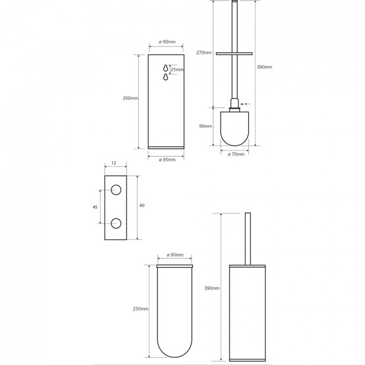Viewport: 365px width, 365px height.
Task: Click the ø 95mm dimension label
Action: click(167, 159)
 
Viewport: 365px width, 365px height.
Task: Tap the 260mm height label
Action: click(130, 98)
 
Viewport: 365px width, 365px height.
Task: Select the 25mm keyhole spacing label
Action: click(177, 70)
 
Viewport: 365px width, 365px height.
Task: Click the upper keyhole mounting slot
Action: click(166, 68)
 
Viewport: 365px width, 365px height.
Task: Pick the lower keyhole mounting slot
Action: click(166, 77)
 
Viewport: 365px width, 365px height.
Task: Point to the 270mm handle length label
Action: click(204, 53)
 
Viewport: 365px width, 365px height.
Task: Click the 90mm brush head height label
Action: click(206, 126)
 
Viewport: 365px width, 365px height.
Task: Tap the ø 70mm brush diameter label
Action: click(236, 154)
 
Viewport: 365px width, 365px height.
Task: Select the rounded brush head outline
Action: click(235, 145)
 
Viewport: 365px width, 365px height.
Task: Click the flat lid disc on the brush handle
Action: click(234, 54)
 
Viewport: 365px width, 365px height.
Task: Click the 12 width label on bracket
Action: click(113, 163)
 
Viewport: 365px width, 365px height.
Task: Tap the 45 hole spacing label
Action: click(95, 207)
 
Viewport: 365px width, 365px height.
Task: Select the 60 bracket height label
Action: click(142, 206)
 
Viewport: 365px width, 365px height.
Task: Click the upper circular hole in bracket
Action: click(116, 190)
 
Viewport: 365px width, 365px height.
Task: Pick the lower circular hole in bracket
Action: click(116, 223)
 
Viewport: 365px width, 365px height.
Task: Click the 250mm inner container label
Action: click(140, 309)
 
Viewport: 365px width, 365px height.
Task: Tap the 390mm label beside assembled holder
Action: click(212, 288)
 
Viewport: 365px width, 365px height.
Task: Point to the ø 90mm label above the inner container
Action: click(175, 255)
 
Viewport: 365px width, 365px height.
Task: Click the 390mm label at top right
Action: click(264, 67)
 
